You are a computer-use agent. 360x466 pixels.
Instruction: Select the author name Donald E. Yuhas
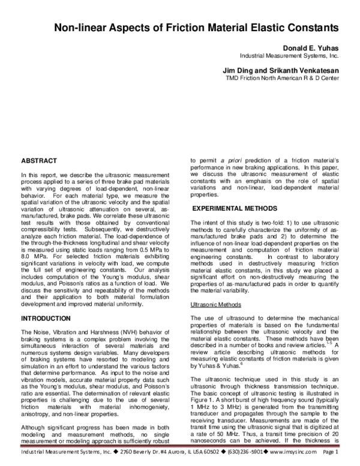tap(310, 47)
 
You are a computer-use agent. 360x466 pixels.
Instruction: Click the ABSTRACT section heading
tap(39, 161)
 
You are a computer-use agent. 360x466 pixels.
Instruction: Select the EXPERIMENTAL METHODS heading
tap(233, 208)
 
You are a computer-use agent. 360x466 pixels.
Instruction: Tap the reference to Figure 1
tap(202, 401)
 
